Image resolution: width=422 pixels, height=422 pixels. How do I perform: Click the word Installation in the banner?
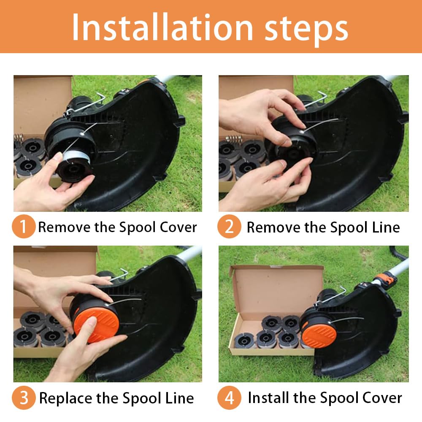(x=162, y=28)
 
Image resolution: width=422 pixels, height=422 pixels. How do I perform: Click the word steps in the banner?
(x=307, y=29)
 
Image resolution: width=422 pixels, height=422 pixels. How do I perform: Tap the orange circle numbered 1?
(x=24, y=226)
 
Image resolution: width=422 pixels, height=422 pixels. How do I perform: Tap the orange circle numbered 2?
(x=229, y=226)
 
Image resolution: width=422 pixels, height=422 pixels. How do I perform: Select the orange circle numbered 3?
(x=24, y=398)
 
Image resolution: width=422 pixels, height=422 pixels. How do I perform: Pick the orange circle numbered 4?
(x=229, y=398)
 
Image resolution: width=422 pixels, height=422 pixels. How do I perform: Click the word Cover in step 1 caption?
(x=178, y=227)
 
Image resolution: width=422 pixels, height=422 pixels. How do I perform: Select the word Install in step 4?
(x=268, y=398)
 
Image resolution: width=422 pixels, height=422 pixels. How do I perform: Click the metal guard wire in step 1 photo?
(x=85, y=104)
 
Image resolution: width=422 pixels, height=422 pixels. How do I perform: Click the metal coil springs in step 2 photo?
(x=234, y=139)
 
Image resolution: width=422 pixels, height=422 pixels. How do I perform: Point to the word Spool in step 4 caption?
(x=340, y=398)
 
